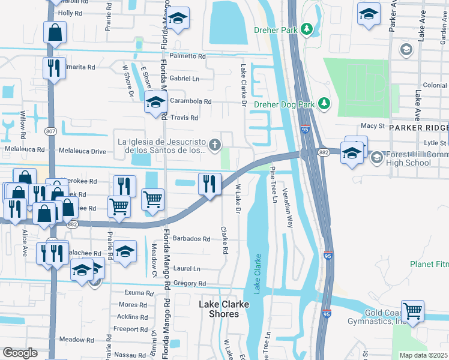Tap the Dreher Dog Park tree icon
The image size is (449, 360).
[x=324, y=104]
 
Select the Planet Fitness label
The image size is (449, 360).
[x=429, y=264]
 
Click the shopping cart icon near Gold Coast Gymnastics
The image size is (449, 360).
[x=412, y=311]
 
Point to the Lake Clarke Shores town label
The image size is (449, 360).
[x=223, y=308]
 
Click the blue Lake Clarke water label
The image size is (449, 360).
[x=258, y=274]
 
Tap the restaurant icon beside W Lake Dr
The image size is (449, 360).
[x=209, y=184]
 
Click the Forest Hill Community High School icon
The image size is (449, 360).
[x=376, y=158]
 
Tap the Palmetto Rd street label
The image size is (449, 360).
[x=187, y=56]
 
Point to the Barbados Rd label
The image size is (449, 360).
[x=191, y=238]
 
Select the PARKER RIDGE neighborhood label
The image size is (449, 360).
[x=418, y=128]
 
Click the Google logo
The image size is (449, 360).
[x=20, y=353]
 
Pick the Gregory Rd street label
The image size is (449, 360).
[x=189, y=283]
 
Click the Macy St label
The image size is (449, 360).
[x=372, y=126]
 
